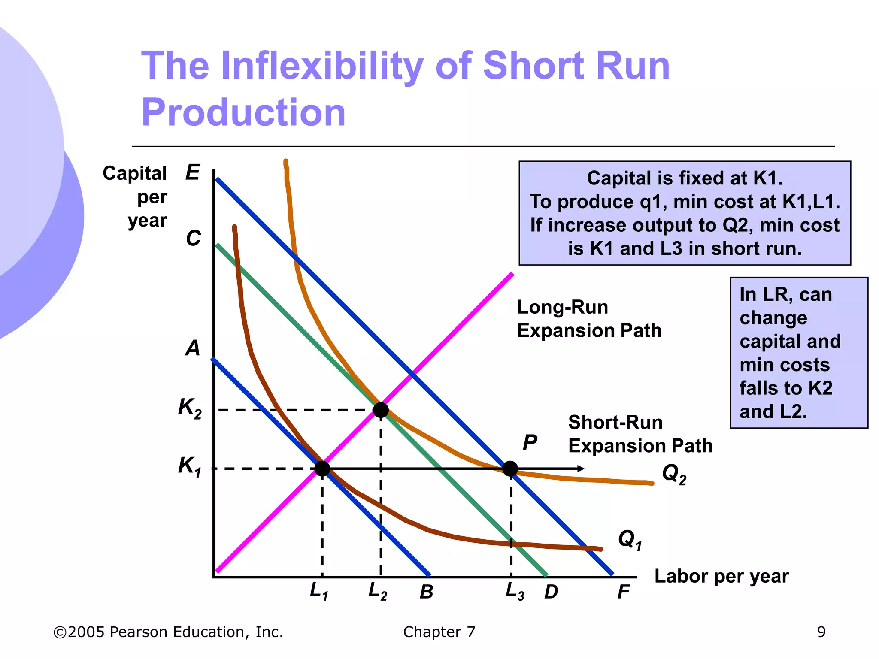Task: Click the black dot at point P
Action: (x=510, y=469)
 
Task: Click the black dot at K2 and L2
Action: (x=381, y=410)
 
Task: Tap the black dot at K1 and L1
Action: (x=322, y=469)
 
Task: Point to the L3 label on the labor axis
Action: (x=515, y=591)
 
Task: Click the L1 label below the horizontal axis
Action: (x=319, y=591)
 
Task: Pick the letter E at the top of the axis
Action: (x=193, y=172)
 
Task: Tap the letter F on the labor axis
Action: (x=623, y=592)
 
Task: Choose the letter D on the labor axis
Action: (x=551, y=592)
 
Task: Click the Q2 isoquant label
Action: (x=674, y=474)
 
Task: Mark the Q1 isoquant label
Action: (x=630, y=539)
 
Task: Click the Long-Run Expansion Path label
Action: (x=589, y=319)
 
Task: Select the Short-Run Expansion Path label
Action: (x=640, y=434)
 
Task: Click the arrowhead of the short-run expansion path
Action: (x=581, y=469)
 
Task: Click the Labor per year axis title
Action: (x=721, y=576)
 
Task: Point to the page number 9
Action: (x=821, y=632)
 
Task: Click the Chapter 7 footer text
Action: (x=439, y=632)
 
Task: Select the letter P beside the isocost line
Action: (x=530, y=442)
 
